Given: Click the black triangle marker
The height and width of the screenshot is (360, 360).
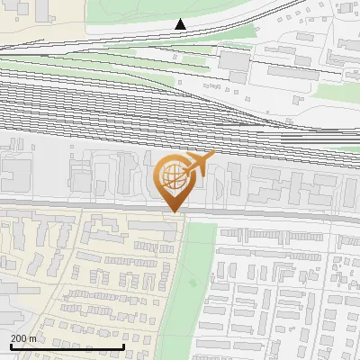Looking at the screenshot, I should click(181, 24).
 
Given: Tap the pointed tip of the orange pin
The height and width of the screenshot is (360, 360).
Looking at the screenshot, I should click(172, 211).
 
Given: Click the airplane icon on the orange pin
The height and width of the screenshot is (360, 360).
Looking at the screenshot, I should click(199, 165).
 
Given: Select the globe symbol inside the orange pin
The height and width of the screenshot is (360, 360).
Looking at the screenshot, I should click(171, 176).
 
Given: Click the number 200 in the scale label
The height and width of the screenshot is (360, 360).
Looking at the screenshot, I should click(20, 338).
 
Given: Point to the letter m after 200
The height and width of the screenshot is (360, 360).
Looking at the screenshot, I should click(33, 338).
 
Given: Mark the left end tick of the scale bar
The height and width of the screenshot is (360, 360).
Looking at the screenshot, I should click(10, 346).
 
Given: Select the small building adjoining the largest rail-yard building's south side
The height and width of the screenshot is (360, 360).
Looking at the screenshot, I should click(237, 76).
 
